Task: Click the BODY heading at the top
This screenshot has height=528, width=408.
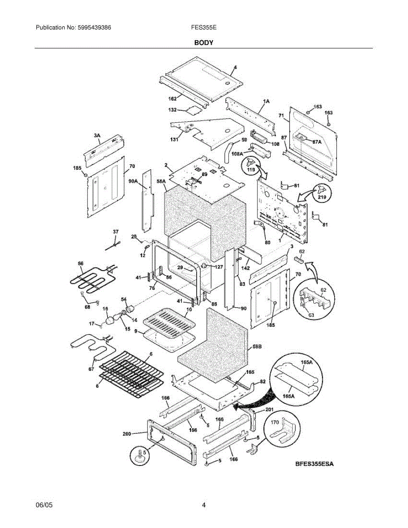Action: click(x=204, y=43)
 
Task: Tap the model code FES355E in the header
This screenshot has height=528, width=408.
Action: click(x=203, y=27)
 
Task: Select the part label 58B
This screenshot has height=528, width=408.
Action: click(x=257, y=347)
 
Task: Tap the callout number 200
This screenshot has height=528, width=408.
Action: click(x=127, y=434)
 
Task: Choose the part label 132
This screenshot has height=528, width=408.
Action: click(x=173, y=110)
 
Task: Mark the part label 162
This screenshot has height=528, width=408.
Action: click(x=172, y=98)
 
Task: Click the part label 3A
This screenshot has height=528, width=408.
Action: click(x=97, y=136)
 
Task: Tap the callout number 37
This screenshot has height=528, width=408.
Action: click(x=116, y=231)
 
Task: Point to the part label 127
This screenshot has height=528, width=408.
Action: click(x=219, y=266)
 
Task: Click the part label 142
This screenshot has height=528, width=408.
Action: click(x=246, y=268)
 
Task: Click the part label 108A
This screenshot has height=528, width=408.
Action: click(x=237, y=154)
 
